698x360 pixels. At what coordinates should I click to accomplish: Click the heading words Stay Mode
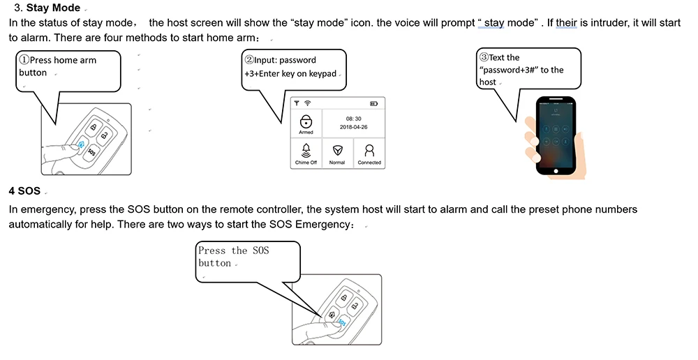[x=52, y=8]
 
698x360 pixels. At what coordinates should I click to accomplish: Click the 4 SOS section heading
[x=25, y=190]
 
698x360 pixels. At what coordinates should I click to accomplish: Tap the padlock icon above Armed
[x=306, y=121]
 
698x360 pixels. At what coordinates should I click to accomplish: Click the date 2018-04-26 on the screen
[x=353, y=128]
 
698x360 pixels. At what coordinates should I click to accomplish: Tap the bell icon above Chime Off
[x=306, y=150]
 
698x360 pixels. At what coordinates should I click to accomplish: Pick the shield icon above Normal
[x=337, y=150]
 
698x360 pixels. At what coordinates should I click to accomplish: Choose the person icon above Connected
[x=369, y=150]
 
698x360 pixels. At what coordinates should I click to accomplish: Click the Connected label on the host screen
[x=369, y=163]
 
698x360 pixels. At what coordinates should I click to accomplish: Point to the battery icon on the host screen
[x=373, y=104]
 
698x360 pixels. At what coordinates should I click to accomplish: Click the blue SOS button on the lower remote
[x=341, y=322]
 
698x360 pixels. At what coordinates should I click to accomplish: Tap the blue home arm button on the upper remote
[x=82, y=146]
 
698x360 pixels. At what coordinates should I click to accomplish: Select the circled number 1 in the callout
[x=24, y=60]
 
